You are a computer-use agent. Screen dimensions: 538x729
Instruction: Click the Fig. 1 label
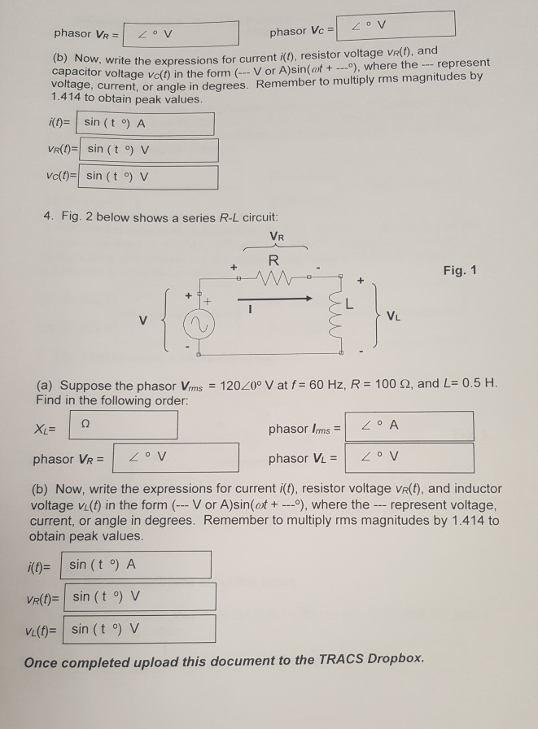[x=460, y=269]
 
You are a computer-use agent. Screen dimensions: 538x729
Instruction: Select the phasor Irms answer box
[x=409, y=426]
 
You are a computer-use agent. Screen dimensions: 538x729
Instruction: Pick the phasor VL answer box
[x=409, y=458]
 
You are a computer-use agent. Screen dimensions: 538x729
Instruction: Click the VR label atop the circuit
[x=277, y=238]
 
